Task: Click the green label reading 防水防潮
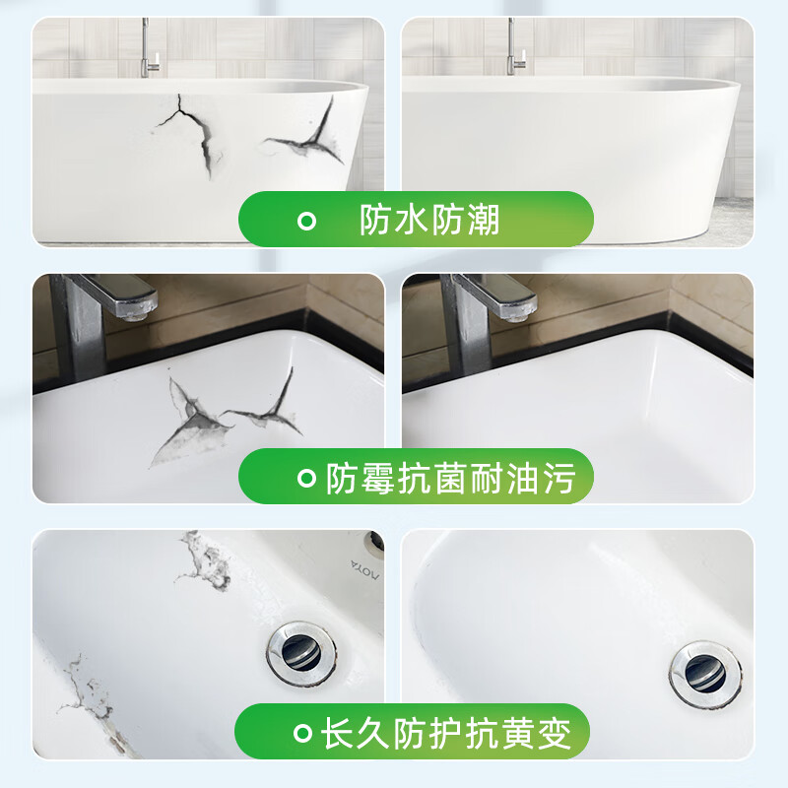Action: [x=416, y=219]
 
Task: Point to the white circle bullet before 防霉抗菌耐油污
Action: [x=306, y=480]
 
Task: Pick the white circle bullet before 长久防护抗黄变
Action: [x=302, y=733]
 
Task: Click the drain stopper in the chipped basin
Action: [x=300, y=651]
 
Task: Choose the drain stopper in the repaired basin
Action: [x=705, y=673]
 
